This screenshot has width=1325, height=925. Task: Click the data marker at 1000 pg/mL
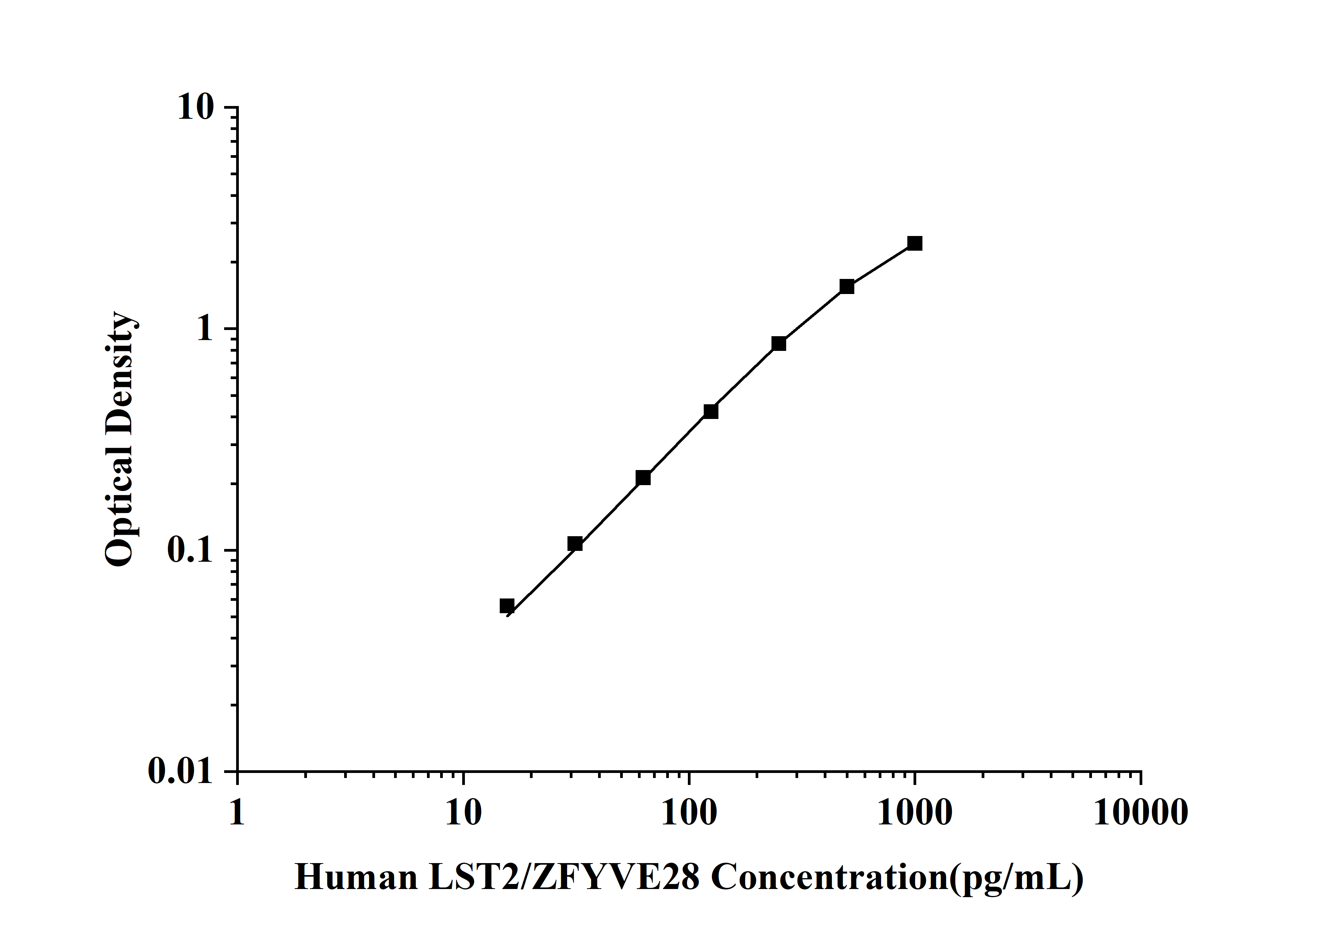(x=914, y=243)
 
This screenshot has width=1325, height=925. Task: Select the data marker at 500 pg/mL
(x=847, y=287)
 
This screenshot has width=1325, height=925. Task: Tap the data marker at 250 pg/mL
(x=778, y=344)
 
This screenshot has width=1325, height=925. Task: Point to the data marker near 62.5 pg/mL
(x=643, y=477)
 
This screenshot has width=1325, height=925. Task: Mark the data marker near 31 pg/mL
(x=575, y=544)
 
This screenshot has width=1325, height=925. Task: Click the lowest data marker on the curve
(x=507, y=605)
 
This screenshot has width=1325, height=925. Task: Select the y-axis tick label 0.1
(x=190, y=550)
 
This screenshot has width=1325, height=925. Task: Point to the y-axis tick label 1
(x=205, y=329)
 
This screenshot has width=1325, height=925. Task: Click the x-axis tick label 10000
(x=1140, y=813)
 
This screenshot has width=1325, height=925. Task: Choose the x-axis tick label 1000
(x=915, y=813)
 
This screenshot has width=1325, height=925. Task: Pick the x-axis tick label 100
(x=689, y=813)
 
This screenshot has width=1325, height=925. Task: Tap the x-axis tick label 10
(x=463, y=813)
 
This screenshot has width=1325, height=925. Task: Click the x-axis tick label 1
(x=237, y=813)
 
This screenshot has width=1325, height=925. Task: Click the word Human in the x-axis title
(x=356, y=878)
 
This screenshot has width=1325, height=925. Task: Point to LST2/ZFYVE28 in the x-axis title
(x=564, y=878)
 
